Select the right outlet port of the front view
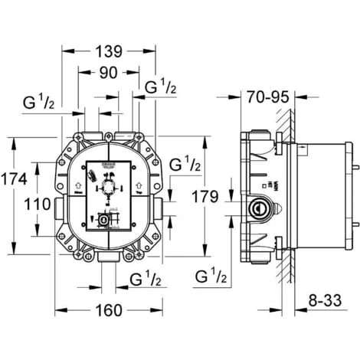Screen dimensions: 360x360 [x=159, y=206]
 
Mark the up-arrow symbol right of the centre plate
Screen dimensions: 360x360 [x=138, y=185]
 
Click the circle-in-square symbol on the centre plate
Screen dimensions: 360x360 [x=103, y=219]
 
